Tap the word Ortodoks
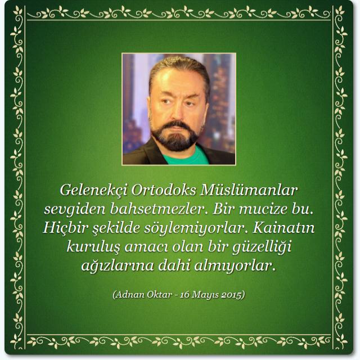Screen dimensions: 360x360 (x=164, y=190)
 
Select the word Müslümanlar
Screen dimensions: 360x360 (x=249, y=190)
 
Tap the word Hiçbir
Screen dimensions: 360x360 (x=66, y=228)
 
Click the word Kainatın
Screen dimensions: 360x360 (x=283, y=228)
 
